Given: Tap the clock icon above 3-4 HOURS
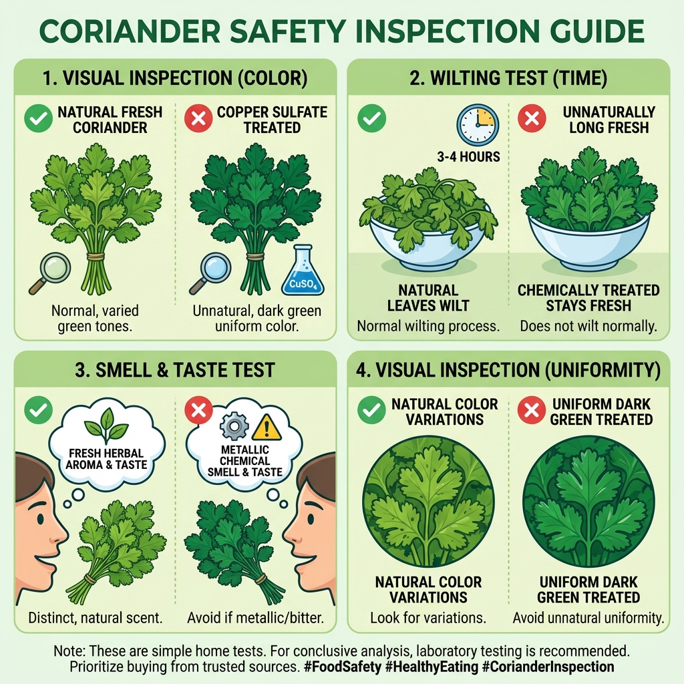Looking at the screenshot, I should point(477,125).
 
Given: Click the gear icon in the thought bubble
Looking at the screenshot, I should point(234,425).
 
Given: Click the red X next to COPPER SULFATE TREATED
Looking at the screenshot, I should point(198,119).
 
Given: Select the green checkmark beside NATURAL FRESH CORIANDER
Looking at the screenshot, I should point(38,119).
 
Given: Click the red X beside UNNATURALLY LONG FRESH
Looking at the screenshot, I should point(532,119).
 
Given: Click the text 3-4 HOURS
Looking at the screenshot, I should point(469,158).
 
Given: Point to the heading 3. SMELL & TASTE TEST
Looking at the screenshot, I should point(174,369).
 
